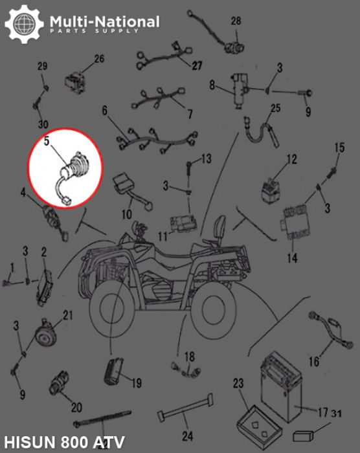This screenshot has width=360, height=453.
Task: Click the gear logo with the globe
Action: click(x=25, y=24)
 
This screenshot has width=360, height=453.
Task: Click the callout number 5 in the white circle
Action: click(x=47, y=141)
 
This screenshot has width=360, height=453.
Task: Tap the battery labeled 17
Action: click(x=281, y=386)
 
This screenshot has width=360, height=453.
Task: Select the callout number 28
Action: click(x=236, y=21)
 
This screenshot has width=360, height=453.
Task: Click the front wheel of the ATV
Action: click(x=112, y=309)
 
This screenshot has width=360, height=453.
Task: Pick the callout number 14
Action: click(x=292, y=258)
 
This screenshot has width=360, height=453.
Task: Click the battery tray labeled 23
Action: click(x=259, y=424)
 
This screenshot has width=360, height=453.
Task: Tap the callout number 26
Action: click(x=99, y=59)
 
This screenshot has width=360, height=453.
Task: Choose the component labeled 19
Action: click(x=114, y=371)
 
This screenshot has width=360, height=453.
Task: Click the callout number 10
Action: click(x=127, y=214)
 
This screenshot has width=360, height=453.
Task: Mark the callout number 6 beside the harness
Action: click(x=105, y=111)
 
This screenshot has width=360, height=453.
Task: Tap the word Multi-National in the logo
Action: click(x=104, y=21)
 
